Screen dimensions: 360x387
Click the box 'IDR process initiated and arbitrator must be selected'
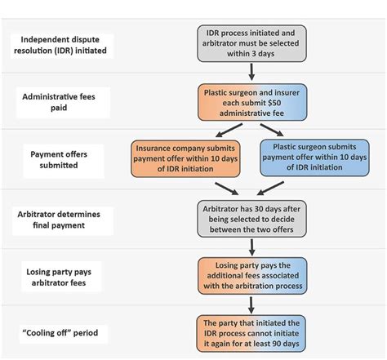point(251,42)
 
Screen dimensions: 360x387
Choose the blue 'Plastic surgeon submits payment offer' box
point(314,158)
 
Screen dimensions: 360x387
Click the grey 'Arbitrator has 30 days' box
point(251,216)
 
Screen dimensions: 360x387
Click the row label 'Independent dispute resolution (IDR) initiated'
point(63,44)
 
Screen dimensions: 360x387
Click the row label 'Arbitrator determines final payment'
point(63,219)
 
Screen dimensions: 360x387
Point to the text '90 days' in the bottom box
point(287,343)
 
